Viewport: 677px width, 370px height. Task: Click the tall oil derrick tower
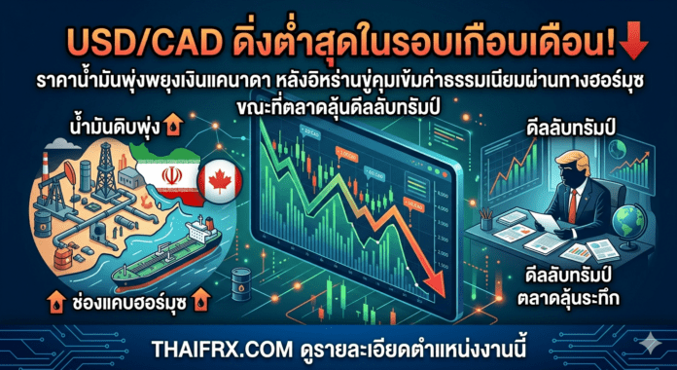(104, 166)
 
